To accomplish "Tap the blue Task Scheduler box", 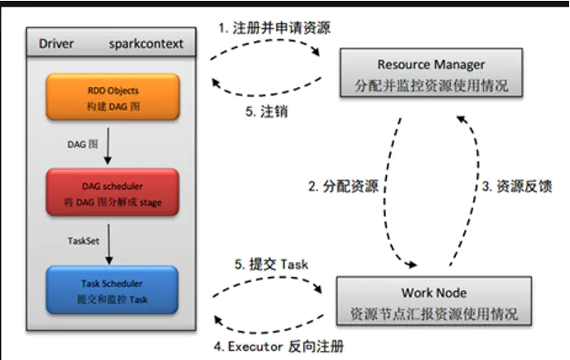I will (112, 287).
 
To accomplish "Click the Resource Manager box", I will (431, 74).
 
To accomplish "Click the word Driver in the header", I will (57, 44).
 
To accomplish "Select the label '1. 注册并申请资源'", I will (275, 28).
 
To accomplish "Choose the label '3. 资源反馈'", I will (517, 187).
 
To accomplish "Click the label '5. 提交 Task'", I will (271, 265).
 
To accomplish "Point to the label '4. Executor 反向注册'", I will (278, 347).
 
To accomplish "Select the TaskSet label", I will (84, 241).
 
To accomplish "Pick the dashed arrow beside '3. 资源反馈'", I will (471, 189).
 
